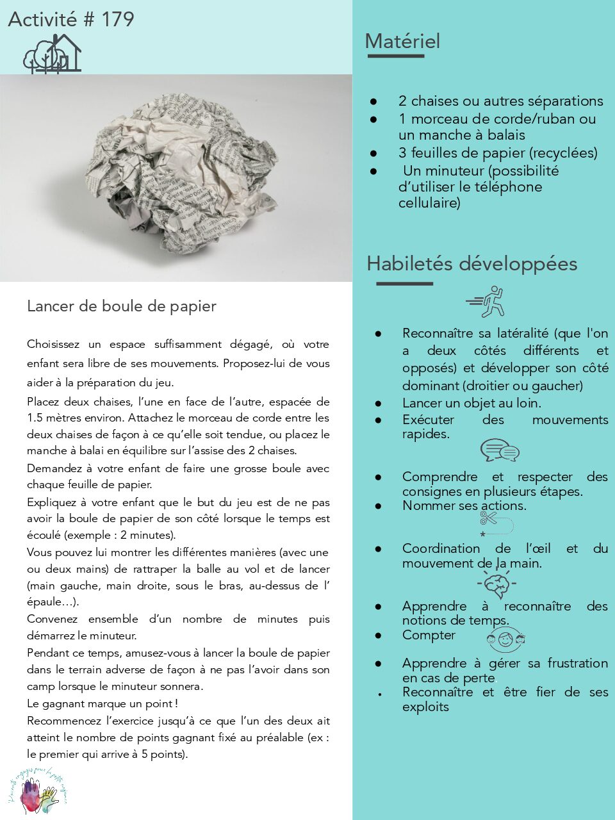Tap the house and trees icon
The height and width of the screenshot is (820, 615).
tap(53, 53)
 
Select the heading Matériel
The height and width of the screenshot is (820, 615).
tap(402, 42)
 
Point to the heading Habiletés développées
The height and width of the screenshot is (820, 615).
tap(471, 264)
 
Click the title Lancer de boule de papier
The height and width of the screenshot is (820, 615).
tap(122, 306)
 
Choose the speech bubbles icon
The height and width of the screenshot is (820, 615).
tap(500, 450)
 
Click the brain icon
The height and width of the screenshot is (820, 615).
tap(496, 584)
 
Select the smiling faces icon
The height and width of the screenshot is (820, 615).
tap(505, 639)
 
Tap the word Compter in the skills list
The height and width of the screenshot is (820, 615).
tap(429, 635)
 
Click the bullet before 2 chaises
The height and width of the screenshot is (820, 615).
tap(373, 101)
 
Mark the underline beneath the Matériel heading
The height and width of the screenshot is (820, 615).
tap(396, 56)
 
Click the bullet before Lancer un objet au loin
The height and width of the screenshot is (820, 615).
tap(379, 404)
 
